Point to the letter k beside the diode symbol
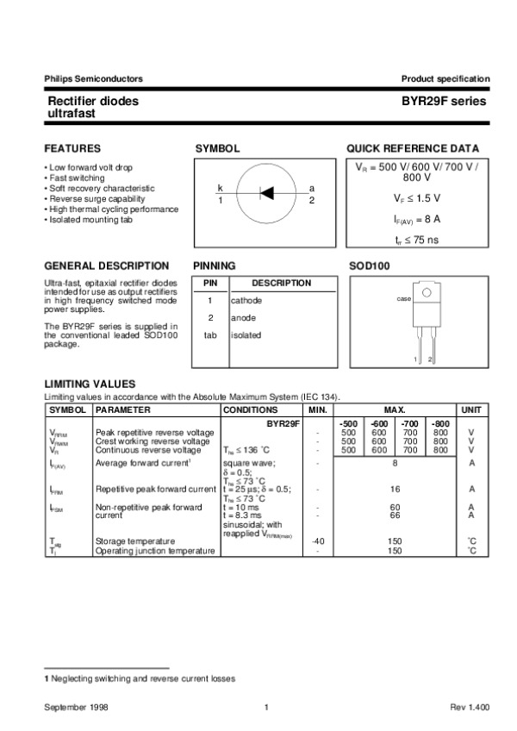pos(220,188)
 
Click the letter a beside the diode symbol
pos(311,188)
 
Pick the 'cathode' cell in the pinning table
pos(246,300)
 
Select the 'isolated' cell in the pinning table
pos(246,334)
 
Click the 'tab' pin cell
pos(209,334)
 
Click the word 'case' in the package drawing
pos(402,298)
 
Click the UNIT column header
pos(471,409)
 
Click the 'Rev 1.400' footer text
pos(470,707)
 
